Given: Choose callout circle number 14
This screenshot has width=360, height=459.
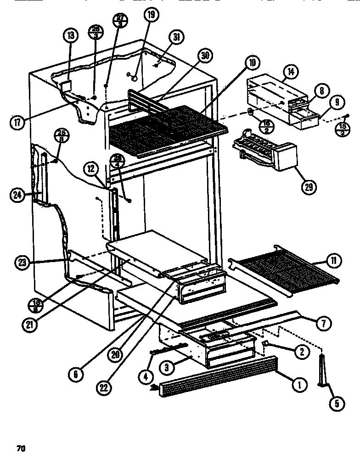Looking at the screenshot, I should (291, 72).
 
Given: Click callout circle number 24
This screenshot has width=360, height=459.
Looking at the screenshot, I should (18, 195).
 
